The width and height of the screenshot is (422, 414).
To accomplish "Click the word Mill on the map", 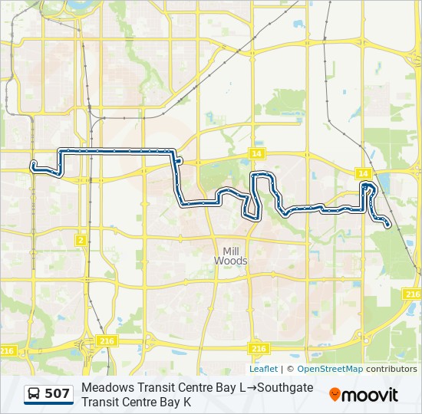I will click(230, 251).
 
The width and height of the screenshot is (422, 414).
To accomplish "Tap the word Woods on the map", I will click(230, 261).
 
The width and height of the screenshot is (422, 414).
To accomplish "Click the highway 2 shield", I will click(81, 240).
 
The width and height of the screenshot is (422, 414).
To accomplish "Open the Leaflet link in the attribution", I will click(263, 369).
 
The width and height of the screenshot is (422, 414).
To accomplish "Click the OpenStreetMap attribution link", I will click(330, 369).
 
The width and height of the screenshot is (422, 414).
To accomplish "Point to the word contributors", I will click(391, 369).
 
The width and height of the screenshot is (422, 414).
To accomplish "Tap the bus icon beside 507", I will click(35, 394).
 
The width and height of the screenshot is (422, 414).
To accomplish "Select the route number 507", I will click(58, 394).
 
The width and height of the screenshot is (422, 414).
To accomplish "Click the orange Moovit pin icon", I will click(335, 395).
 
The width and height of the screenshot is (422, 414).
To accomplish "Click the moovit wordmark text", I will click(370, 396).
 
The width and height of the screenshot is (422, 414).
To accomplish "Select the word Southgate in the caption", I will click(285, 387).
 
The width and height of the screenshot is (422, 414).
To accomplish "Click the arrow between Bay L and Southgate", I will click(251, 387).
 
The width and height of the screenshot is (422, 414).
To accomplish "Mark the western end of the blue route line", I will click(33, 164).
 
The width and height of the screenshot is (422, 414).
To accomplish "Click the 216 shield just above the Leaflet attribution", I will click(259, 348).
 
